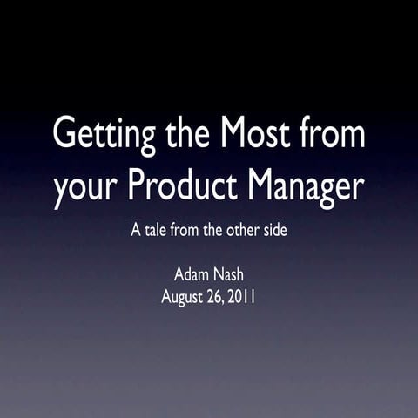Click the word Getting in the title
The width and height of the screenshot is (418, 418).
point(99,136)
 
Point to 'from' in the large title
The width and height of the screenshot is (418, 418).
point(332,134)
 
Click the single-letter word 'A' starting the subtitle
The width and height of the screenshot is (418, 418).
point(135,232)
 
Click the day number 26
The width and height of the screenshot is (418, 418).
point(219,296)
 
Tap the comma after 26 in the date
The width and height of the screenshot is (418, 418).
point(227,301)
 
